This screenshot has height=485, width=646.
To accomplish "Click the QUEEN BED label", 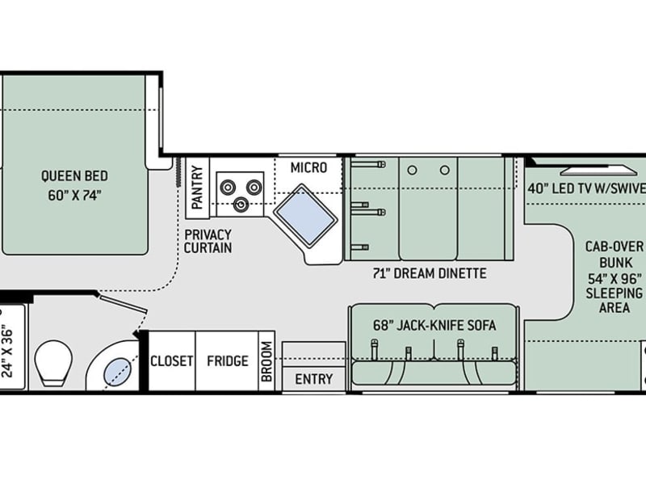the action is click(x=74, y=176).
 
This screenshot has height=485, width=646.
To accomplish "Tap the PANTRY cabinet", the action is click(x=197, y=188).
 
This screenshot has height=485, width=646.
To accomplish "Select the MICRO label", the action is click(x=308, y=168).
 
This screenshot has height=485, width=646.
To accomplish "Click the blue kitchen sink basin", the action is click(x=305, y=214).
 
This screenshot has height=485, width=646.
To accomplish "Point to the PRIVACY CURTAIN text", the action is click(x=208, y=241).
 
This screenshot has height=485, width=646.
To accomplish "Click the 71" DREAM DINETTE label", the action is click(x=430, y=273).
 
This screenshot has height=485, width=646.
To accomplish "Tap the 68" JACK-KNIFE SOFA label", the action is click(x=434, y=326).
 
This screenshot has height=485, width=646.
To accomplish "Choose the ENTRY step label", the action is click(x=314, y=378).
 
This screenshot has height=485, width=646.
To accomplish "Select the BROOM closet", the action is click(x=266, y=361).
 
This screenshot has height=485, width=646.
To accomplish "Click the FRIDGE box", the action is click(x=227, y=361).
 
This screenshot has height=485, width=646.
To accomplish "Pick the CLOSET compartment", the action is click(x=171, y=361).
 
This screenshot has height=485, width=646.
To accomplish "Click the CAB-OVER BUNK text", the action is click(x=615, y=255).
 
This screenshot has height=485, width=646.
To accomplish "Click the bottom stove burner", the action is click(x=241, y=204).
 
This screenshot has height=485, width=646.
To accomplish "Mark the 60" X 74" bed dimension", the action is click(x=74, y=195).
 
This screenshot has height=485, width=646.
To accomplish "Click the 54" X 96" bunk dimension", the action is click(x=615, y=279).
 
